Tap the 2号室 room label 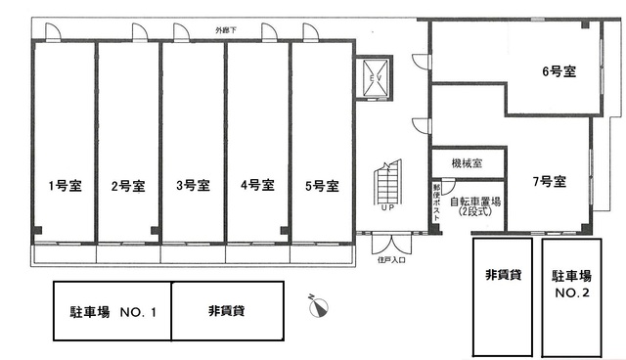128,185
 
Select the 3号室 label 193,185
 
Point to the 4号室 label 256,185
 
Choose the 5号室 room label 321,185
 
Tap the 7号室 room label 550,182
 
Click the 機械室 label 467,160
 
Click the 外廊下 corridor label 226,29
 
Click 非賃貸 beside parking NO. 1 226,311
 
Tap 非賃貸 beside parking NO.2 502,276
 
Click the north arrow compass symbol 318,306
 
